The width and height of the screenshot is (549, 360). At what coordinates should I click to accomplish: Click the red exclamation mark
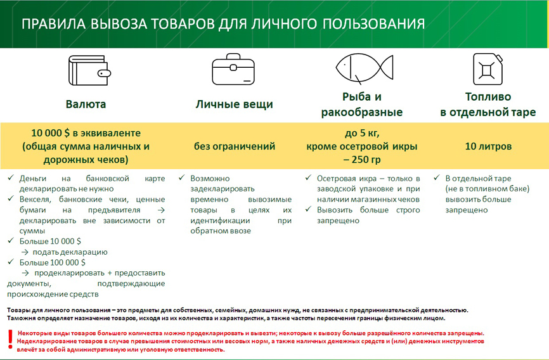pos(10,340)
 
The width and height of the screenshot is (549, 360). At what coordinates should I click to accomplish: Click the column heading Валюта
pos(86,105)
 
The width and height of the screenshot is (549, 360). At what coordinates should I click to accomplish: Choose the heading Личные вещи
pos(234,105)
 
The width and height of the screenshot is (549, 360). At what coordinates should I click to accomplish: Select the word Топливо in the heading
pos(488,98)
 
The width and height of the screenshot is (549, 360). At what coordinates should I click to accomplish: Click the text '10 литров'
pos(488,146)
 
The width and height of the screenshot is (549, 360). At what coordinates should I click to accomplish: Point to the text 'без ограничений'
pos(235,146)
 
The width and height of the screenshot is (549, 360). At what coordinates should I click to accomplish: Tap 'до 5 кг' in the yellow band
pos(362,133)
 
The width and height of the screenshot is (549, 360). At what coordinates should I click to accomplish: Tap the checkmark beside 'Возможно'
pos(182,179)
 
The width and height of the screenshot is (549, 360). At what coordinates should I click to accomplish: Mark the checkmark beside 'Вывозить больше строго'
pos(309,210)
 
